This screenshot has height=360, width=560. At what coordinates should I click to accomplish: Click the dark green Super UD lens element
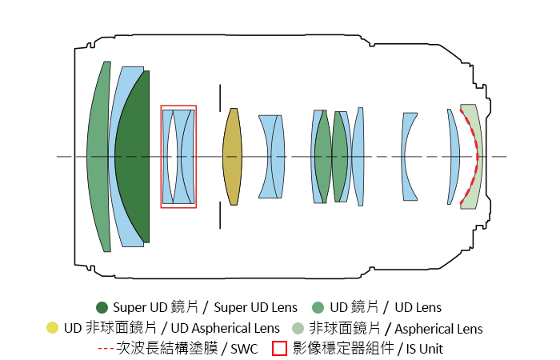[x=134, y=157]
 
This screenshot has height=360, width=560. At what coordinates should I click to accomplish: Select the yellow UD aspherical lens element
[x=233, y=157]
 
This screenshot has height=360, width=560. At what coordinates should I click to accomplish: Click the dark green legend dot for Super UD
[x=102, y=307]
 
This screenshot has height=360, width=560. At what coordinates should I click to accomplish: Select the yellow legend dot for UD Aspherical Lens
[x=52, y=328]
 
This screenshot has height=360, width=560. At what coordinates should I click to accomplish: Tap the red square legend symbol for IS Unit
[x=279, y=349]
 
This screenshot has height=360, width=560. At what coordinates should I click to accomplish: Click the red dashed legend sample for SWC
[x=106, y=348]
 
